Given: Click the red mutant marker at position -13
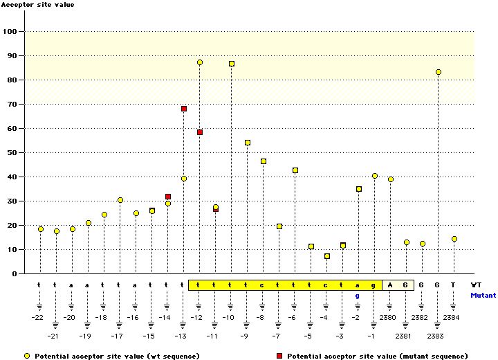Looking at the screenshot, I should (184, 109).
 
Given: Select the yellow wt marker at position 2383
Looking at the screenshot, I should (438, 72).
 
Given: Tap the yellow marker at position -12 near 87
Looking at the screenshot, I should (200, 62).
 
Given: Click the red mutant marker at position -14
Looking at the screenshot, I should (168, 197).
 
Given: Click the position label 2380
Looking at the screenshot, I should (389, 318).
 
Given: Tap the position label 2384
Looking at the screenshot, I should (452, 318).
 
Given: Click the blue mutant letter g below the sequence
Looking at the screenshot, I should (358, 296).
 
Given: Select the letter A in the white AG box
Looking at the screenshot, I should (390, 285).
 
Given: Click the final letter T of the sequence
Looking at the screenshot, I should (453, 285).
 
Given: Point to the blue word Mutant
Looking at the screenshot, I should (483, 295).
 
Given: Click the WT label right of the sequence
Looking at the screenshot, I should (477, 285).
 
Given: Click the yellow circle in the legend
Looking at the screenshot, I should (26, 355).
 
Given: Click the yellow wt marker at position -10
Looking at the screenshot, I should (232, 64).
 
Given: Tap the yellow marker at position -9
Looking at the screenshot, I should (248, 143).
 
